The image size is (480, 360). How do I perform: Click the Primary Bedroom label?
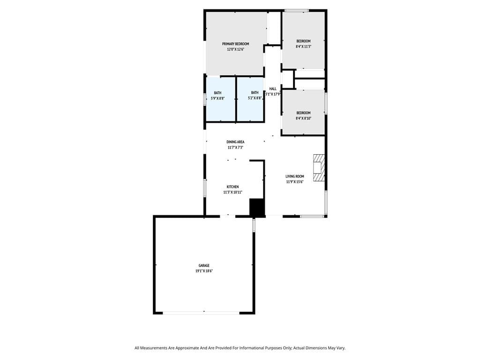[x=235, y=44]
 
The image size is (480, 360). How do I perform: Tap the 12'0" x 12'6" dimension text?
[x=235, y=49]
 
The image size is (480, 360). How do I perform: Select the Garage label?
[x=204, y=265]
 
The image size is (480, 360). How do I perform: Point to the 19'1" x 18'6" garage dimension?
[x=204, y=271]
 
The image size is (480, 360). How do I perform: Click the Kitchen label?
[x=232, y=187]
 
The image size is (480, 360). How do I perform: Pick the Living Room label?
[x=295, y=176]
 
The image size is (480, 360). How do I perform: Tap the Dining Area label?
[x=235, y=142]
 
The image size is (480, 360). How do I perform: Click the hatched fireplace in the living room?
[x=319, y=167]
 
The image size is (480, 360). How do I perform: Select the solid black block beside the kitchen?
[x=257, y=207]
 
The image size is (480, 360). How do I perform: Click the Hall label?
[x=273, y=89]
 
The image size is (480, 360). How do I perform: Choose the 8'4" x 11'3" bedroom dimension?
[x=303, y=46]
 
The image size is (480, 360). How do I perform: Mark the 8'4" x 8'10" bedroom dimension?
[x=303, y=118]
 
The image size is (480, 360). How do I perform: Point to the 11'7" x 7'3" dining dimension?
[x=235, y=147]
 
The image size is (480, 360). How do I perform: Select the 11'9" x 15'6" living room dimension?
[x=295, y=182]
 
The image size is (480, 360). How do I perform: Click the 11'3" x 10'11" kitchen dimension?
[x=232, y=192]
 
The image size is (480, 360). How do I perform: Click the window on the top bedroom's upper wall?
[x=297, y=10]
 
